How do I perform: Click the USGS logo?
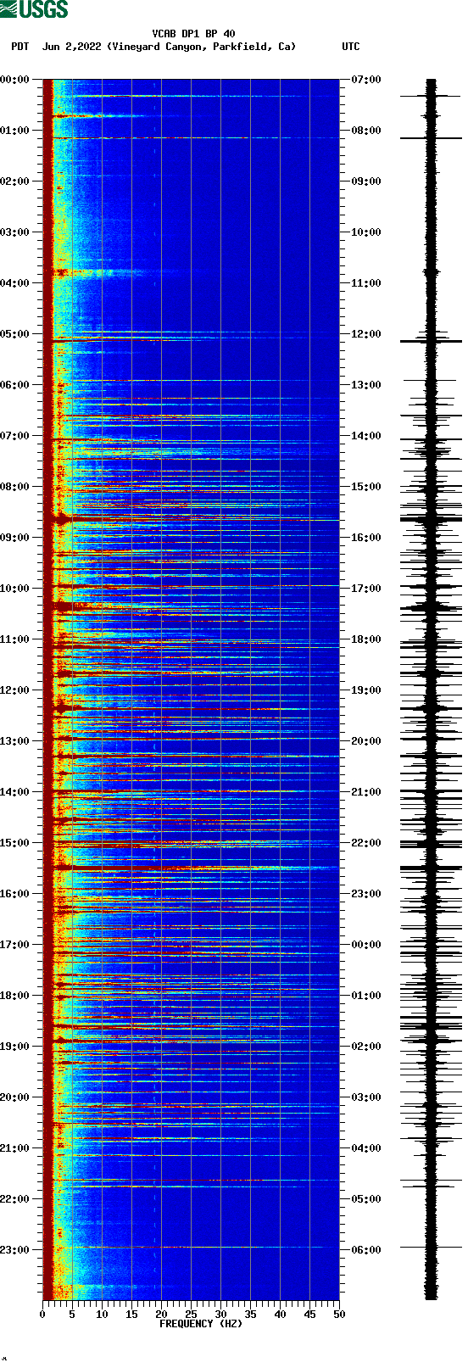34,9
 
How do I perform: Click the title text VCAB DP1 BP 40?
193,34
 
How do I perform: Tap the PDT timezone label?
19,47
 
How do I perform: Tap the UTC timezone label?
350,47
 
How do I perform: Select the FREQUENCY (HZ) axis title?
201,1323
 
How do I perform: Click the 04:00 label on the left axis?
15,283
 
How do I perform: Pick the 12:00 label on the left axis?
15,690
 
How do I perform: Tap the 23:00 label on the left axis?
15,1250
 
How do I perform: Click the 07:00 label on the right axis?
366,80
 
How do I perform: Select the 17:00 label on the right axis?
366,589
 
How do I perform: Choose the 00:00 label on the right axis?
366,945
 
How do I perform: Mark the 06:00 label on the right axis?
366,1250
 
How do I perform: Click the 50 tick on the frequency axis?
339,1315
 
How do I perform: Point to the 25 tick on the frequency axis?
191,1315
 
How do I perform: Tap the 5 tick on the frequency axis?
72,1315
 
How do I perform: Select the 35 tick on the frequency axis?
250,1315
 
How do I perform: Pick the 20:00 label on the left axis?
15,1097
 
